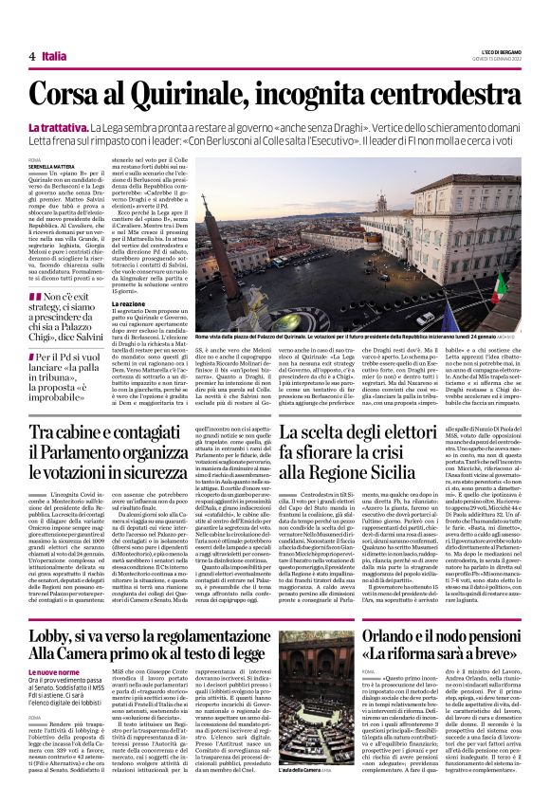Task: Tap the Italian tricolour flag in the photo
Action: click(501, 284)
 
